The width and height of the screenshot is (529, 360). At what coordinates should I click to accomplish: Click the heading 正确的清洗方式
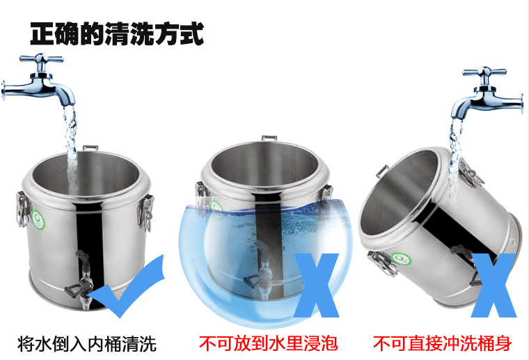pyautogui.click(x=117, y=33)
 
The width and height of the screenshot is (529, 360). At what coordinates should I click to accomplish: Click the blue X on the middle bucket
pyautogui.click(x=317, y=285)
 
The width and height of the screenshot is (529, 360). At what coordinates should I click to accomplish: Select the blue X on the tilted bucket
pyautogui.click(x=494, y=285)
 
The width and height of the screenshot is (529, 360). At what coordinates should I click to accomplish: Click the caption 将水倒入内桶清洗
pyautogui.click(x=87, y=343)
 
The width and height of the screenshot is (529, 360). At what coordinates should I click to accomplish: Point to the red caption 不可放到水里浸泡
pyautogui.click(x=268, y=343)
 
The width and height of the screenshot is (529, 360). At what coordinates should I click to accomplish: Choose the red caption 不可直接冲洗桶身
pyautogui.click(x=442, y=343)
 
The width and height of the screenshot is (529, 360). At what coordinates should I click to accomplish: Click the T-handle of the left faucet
pyautogui.click(x=42, y=59)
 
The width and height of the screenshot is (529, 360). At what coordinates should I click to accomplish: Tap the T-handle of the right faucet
pyautogui.click(x=484, y=72)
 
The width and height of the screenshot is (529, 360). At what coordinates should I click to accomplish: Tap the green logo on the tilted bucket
pyautogui.click(x=402, y=259)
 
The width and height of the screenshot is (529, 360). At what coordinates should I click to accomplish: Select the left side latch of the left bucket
pyautogui.click(x=22, y=209)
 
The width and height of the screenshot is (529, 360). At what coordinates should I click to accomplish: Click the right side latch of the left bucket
pyautogui.click(x=146, y=212)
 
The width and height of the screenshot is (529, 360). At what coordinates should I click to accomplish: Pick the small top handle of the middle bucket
pyautogui.click(x=269, y=138)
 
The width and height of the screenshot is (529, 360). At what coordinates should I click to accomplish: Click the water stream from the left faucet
pyautogui.click(x=71, y=145)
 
